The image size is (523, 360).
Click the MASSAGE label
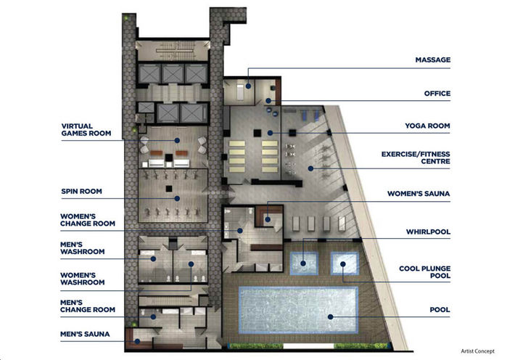click(x=433, y=59)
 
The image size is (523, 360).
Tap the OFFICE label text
click(x=437, y=93)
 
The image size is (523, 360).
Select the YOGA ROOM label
click(x=427, y=126)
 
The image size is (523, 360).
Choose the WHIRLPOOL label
click(x=428, y=232)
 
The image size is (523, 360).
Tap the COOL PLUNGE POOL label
click(x=424, y=272)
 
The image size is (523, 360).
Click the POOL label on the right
click(x=440, y=310)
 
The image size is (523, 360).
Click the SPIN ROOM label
click(x=81, y=192)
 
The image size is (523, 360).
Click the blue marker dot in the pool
click(x=329, y=316)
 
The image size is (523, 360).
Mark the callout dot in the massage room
click(x=248, y=86)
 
